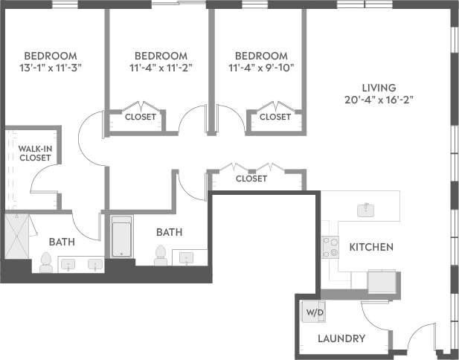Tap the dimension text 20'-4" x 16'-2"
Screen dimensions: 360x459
pyautogui.click(x=378, y=99)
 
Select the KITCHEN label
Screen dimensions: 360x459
pyautogui.click(x=371, y=247)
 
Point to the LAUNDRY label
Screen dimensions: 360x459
pyautogui.click(x=341, y=338)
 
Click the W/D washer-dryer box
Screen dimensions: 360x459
pyautogui.click(x=315, y=312)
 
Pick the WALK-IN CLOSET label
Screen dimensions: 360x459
pyautogui.click(x=35, y=153)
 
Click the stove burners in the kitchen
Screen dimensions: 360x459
pyautogui.click(x=330, y=247)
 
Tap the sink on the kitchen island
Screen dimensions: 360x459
pyautogui.click(x=365, y=210)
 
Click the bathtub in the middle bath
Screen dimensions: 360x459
pyautogui.click(x=121, y=237)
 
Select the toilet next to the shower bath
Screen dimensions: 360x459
pyautogui.click(x=45, y=261)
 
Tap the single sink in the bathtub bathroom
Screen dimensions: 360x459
pyautogui.click(x=187, y=257)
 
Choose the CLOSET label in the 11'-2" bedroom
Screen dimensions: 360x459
pyautogui.click(x=141, y=117)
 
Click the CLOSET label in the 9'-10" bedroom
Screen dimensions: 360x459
pyautogui.click(x=275, y=117)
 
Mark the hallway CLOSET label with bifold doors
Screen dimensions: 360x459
pyautogui.click(x=251, y=179)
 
